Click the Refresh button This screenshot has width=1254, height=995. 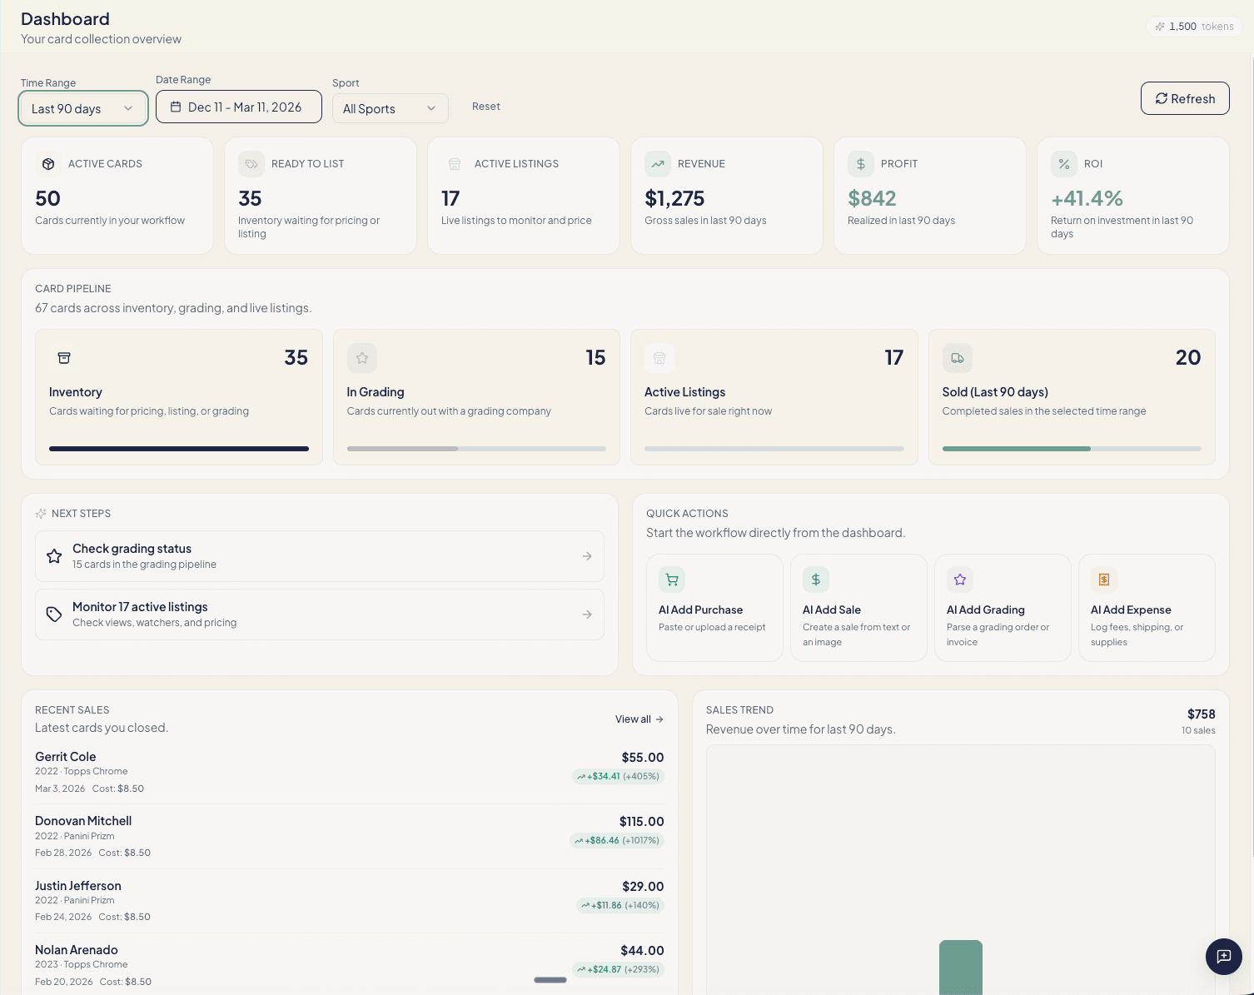(1184, 98)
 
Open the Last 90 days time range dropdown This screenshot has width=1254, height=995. (82, 108)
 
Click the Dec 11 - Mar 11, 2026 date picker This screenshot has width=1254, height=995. (238, 107)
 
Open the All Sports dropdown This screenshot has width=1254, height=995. (390, 108)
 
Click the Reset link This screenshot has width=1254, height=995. (485, 107)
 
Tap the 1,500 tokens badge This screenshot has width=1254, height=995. (1194, 27)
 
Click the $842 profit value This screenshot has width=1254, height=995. (872, 198)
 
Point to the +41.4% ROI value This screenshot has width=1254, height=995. (1087, 198)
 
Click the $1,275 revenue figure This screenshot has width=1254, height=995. (674, 198)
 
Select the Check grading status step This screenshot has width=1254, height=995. (319, 556)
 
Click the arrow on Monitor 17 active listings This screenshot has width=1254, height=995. (587, 614)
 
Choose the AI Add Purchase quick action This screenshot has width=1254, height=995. (714, 608)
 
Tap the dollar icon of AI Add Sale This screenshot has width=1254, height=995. (816, 580)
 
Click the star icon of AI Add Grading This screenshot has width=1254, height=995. (960, 580)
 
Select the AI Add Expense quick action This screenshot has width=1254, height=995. (1146, 608)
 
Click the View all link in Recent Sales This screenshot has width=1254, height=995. (639, 719)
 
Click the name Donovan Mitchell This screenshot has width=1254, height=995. (83, 821)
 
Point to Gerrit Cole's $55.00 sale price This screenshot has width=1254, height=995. (642, 758)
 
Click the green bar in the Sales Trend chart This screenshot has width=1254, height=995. (960, 968)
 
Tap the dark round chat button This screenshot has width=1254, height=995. (1223, 956)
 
